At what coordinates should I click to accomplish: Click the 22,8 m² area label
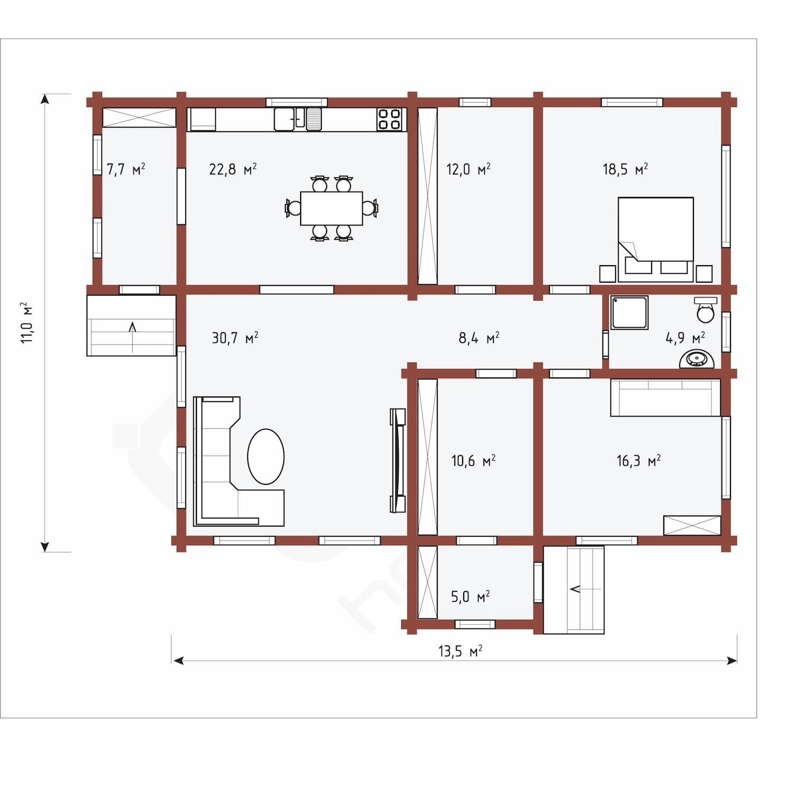click(233, 169)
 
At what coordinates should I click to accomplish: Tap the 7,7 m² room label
click(126, 169)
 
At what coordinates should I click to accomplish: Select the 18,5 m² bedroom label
click(625, 169)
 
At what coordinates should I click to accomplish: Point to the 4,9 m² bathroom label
click(685, 338)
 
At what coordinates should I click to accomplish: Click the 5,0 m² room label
click(470, 597)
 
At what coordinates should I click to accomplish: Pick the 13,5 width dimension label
click(460, 651)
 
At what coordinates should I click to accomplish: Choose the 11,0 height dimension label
click(26, 323)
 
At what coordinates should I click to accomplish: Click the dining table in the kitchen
click(331, 209)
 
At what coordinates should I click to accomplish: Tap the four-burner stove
click(389, 119)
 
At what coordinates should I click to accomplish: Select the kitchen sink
click(290, 119)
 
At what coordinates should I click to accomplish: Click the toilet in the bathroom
click(706, 310)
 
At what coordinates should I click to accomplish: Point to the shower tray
click(629, 312)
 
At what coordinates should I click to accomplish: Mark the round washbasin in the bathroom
click(697, 359)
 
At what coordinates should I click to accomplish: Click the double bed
click(656, 239)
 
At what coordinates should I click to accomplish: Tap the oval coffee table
click(266, 456)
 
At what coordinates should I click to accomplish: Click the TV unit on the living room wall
click(398, 461)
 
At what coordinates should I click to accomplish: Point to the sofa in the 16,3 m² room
click(665, 398)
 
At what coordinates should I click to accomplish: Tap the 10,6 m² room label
click(473, 461)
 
